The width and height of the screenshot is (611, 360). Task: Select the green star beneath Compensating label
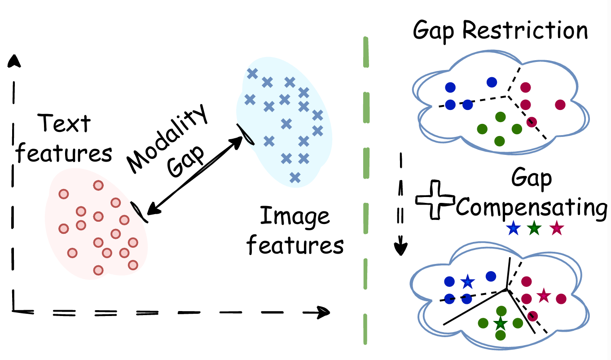pyautogui.click(x=534, y=229)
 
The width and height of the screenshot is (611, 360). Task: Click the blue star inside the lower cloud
pyautogui.click(x=468, y=282)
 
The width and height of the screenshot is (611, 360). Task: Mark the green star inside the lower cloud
pyautogui.click(x=500, y=323)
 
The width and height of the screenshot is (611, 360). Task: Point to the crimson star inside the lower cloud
pyautogui.click(x=544, y=296)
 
